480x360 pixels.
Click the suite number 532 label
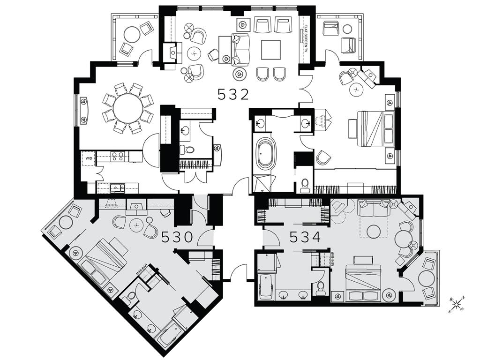point(233,95)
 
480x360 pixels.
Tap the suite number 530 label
point(177,237)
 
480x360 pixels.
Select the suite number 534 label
point(305,237)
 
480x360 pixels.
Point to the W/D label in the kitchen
point(88,158)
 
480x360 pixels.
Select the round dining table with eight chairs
point(127,108)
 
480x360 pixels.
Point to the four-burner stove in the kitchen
point(117,157)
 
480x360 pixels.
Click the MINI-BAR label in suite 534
point(332,260)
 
